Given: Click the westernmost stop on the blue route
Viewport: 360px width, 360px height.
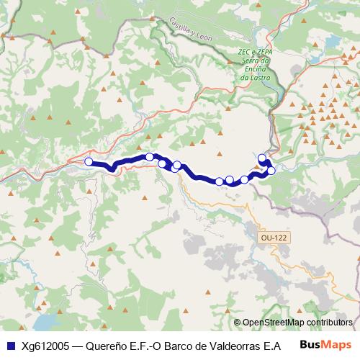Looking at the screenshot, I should coord(89,162).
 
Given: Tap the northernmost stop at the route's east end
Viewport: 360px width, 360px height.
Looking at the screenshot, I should coord(262,158).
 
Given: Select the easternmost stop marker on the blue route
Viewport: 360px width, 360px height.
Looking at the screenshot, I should coord(271,171).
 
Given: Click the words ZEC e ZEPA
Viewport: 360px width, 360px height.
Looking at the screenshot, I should coord(254,52).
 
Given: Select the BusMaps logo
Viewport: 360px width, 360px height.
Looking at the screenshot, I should coord(325,344).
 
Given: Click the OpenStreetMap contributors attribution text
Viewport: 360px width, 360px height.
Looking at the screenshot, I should coord(297,323).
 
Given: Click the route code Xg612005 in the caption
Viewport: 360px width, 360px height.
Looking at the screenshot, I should coord(46,345).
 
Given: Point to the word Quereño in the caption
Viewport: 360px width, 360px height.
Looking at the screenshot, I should coord(107,345).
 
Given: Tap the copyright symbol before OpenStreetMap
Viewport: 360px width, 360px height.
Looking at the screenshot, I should coord(237,323).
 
